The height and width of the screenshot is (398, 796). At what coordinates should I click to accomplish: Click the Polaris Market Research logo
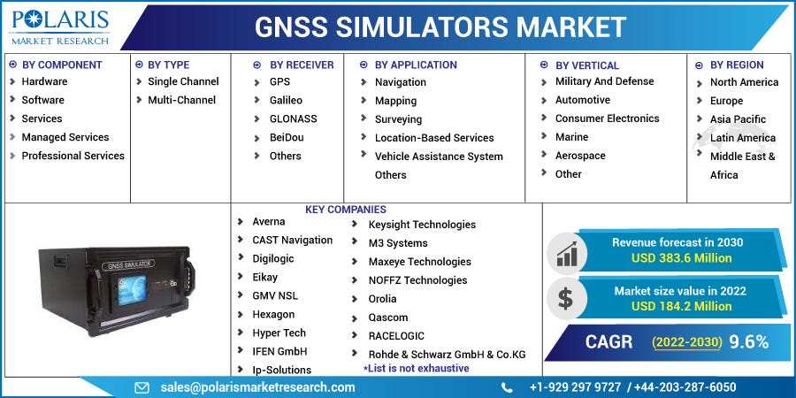point(59,27)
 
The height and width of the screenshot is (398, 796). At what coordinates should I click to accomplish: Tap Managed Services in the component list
point(65,137)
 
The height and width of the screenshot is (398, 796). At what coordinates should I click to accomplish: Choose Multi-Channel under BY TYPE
point(181,100)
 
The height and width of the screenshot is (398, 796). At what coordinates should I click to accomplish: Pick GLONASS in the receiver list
point(293,119)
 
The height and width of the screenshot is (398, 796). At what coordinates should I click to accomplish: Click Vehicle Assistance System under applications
point(439,157)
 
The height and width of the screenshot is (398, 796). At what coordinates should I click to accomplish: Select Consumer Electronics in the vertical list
point(607,119)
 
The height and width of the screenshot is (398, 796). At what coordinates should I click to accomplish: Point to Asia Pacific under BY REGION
point(738,119)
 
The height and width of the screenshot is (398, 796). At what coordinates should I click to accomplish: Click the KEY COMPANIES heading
point(345,210)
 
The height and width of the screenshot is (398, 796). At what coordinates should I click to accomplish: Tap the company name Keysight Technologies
point(422,225)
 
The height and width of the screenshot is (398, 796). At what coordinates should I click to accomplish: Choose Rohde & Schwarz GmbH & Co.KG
point(447,354)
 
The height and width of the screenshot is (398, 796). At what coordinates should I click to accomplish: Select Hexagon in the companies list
point(273,314)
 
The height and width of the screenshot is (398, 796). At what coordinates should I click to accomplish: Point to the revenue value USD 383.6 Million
point(681,258)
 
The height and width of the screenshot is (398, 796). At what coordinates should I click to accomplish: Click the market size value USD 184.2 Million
point(681,306)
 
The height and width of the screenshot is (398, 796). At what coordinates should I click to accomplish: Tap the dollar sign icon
point(565,299)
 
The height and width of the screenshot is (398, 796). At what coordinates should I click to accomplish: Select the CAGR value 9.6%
point(748,341)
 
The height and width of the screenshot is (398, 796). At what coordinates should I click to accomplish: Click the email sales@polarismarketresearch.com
point(257,387)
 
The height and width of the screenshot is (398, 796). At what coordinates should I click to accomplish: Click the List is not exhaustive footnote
point(416,368)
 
